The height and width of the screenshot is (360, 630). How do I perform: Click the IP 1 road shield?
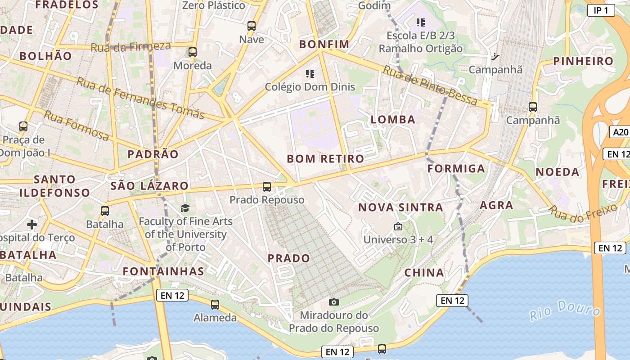pyautogui.click(x=601, y=10)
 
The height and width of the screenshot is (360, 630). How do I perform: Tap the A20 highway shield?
pyautogui.click(x=620, y=132)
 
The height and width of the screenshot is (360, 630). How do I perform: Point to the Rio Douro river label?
pyautogui.click(x=565, y=310)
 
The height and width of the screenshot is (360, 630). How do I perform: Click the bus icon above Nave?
pyautogui.click(x=252, y=26)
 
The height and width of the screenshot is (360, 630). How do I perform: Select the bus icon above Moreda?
pyautogui.click(x=193, y=52)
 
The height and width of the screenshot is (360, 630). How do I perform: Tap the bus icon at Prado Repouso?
pyautogui.click(x=267, y=186)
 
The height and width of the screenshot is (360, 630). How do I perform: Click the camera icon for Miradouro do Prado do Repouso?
pyautogui.click(x=333, y=302)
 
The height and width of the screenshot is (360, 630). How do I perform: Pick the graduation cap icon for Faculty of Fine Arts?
pyautogui.click(x=185, y=208)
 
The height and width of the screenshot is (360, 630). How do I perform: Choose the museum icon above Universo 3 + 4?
pyautogui.click(x=398, y=226)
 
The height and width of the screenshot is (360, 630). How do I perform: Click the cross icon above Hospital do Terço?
pyautogui.click(x=32, y=224)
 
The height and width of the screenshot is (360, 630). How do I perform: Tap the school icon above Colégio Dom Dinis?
pyautogui.click(x=310, y=73)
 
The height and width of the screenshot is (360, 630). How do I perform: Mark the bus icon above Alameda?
pyautogui.click(x=215, y=305)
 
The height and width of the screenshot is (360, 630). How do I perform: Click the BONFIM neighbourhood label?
pyautogui.click(x=324, y=44)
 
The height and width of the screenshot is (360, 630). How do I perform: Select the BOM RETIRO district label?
pyautogui.click(x=325, y=159)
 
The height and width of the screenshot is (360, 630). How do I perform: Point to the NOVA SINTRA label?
pyautogui.click(x=400, y=207)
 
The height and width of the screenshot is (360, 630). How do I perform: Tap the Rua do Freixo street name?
pyautogui.click(x=583, y=213)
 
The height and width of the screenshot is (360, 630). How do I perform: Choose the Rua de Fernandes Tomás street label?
pyautogui.click(x=140, y=98)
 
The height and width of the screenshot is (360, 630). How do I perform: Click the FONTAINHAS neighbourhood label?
pyautogui.click(x=163, y=271)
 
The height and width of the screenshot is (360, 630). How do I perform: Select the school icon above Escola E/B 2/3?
pyautogui.click(x=421, y=22)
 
